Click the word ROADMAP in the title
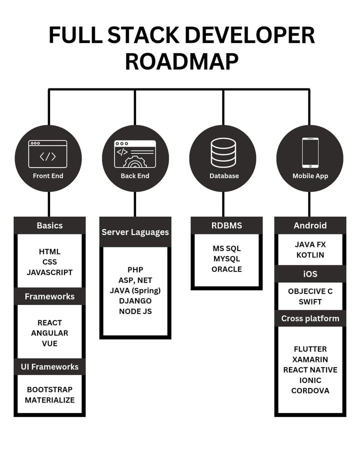[x=181, y=61]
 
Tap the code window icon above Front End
[x=47, y=153]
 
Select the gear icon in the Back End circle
[x=135, y=162]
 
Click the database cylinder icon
[x=223, y=152]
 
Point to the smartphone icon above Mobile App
[x=309, y=152]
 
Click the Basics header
[x=49, y=225]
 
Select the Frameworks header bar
[x=49, y=296]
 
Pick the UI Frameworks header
[x=49, y=366]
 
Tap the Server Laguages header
[x=135, y=232]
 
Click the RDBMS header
[x=226, y=225]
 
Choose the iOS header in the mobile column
[x=310, y=274]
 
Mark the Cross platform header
[x=310, y=318]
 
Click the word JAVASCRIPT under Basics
[x=49, y=272]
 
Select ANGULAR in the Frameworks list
[x=49, y=333]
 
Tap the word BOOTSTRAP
[x=49, y=389]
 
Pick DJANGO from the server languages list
[x=135, y=301]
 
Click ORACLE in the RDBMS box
[x=226, y=269]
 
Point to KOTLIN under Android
[x=310, y=255]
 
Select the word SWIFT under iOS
[x=310, y=301]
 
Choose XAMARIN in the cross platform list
[x=310, y=359]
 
